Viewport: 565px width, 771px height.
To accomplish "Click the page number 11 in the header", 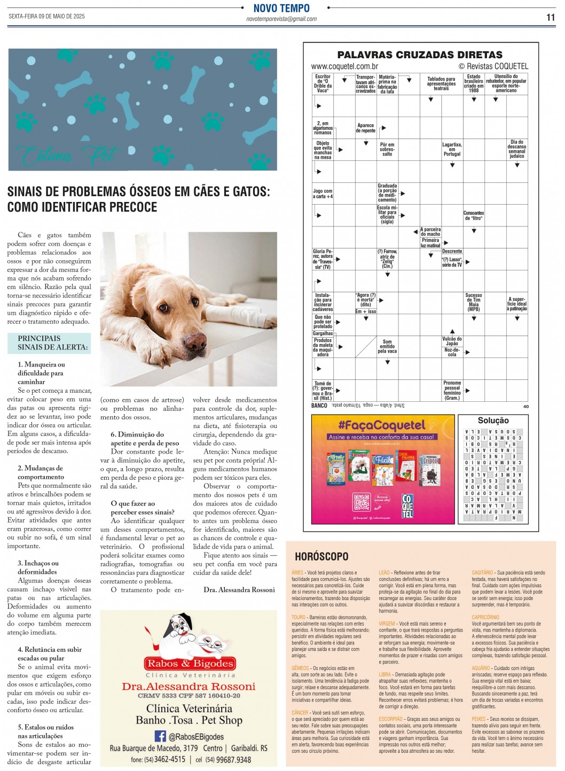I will pos(551,17).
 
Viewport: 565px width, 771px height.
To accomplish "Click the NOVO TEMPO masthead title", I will pos(281,8).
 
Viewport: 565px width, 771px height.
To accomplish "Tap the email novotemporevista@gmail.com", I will pos(281,19).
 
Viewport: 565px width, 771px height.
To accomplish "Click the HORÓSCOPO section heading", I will pos(321,557).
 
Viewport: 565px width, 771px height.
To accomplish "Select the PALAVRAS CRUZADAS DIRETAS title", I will pos(420,54).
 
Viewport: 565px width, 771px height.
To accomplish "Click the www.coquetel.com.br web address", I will pos(344,66).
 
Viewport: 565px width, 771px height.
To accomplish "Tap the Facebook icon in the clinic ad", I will pos(160,736).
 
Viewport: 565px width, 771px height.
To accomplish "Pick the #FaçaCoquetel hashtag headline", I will pos(381,425).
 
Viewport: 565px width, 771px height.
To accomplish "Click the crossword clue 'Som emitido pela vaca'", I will pos(387,346).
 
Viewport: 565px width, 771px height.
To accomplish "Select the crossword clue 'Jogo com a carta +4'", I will pos(323,193).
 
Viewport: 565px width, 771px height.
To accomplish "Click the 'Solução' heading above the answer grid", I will pos(493,420).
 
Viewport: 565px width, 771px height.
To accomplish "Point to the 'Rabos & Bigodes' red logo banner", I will pos(190,664).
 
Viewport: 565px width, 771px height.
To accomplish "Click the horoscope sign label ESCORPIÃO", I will pos(391,719).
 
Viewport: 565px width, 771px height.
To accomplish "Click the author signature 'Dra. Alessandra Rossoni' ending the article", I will pos(239,590).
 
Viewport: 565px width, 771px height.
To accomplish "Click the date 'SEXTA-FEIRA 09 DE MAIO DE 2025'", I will pos(46,17).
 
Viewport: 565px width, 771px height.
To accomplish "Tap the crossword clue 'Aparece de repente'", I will pos(366,128).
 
